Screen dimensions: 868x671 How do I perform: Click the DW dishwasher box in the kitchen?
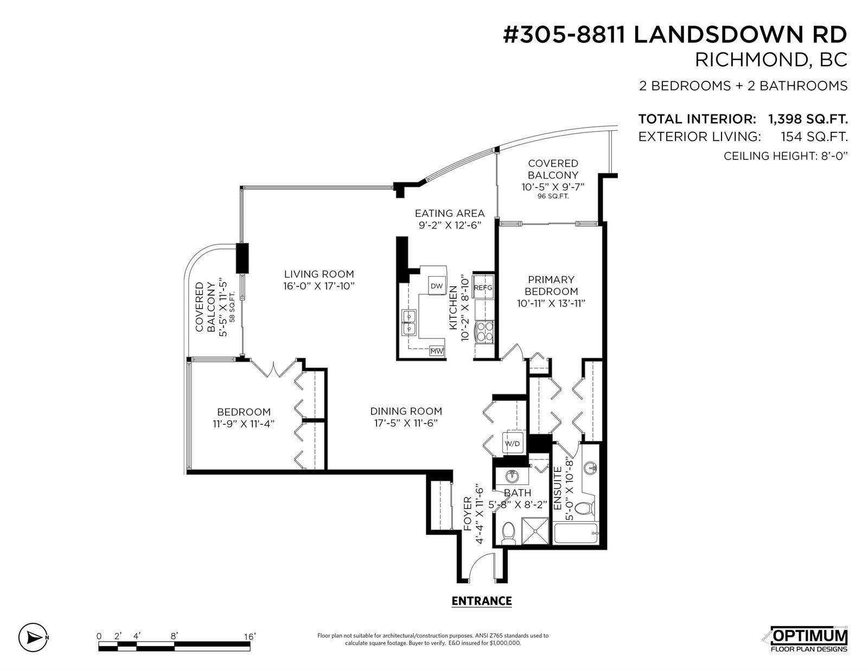coord(437,285)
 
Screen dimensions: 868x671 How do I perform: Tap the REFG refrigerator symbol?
coord(483,286)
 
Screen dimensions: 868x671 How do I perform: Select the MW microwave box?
coord(437,351)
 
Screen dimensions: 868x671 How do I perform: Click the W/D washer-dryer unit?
coord(513,443)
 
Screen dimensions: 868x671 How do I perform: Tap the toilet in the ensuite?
coord(587,509)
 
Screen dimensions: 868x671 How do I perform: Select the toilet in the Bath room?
coord(508,533)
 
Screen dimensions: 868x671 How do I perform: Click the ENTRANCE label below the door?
coord(481,601)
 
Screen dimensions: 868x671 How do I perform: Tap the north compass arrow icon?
coord(33,637)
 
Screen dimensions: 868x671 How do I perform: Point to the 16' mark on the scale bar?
coord(249,637)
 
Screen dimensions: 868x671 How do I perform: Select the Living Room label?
coord(319,274)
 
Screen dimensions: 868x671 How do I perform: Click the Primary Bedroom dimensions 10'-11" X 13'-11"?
coord(551,304)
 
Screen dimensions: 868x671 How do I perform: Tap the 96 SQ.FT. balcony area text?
coord(553,196)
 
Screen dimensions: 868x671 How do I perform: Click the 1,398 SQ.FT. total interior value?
coord(808,119)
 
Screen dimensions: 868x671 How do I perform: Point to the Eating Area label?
coord(450,213)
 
